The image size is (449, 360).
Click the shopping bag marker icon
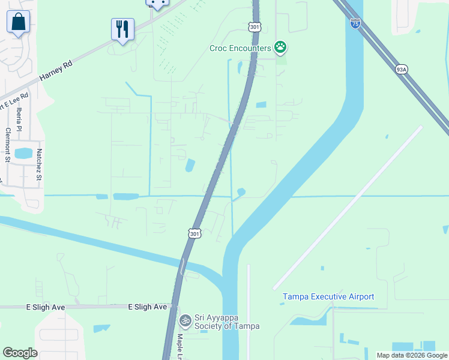pos(19,22)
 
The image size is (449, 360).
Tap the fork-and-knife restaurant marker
pos(122,29)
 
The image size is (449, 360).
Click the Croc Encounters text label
pos(240,48)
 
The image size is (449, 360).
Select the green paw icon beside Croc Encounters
pos(280,46)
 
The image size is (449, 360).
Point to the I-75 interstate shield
pos(355,23)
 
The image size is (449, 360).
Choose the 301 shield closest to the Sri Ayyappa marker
pos(193,232)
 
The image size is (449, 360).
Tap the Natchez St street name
pos(39,164)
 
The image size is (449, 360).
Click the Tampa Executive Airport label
pos(328,297)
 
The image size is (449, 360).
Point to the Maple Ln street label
pos(180,347)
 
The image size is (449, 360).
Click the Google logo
pos(20,353)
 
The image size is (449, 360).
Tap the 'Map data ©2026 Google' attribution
pos(412,355)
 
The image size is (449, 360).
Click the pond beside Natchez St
pos(23,153)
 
